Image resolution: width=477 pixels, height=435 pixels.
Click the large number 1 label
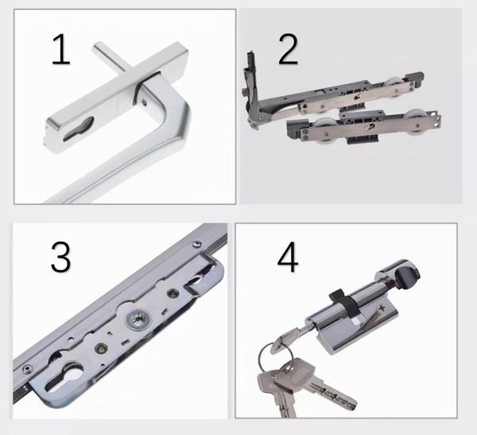[x=61, y=49]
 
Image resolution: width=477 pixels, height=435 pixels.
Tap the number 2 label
[x=288, y=49]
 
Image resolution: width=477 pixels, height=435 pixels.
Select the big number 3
[x=61, y=257]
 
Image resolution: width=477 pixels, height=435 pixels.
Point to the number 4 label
[x=288, y=257]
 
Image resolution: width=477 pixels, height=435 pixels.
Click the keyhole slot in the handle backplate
[x=79, y=129]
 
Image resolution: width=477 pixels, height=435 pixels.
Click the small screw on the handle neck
[x=145, y=102]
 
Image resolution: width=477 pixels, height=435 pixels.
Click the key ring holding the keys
[x=276, y=358]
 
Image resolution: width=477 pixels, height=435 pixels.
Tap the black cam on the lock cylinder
[x=343, y=302]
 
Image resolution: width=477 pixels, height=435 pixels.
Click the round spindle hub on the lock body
[x=138, y=320]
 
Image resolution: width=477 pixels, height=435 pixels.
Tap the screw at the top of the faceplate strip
[x=196, y=244]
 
